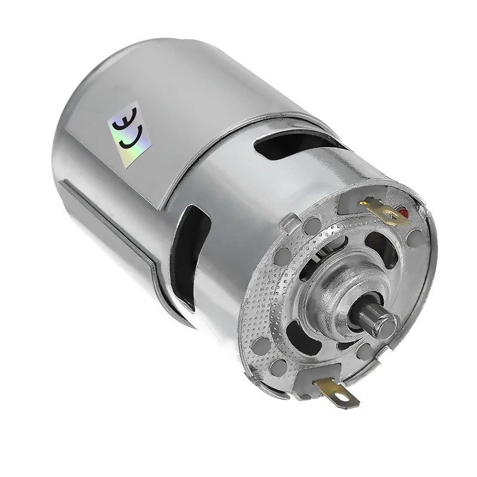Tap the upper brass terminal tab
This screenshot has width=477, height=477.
point(383,212)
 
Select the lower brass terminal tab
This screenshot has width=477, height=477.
point(337,392)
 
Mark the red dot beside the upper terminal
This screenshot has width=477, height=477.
point(403,213)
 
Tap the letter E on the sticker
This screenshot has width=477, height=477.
point(125,118)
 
